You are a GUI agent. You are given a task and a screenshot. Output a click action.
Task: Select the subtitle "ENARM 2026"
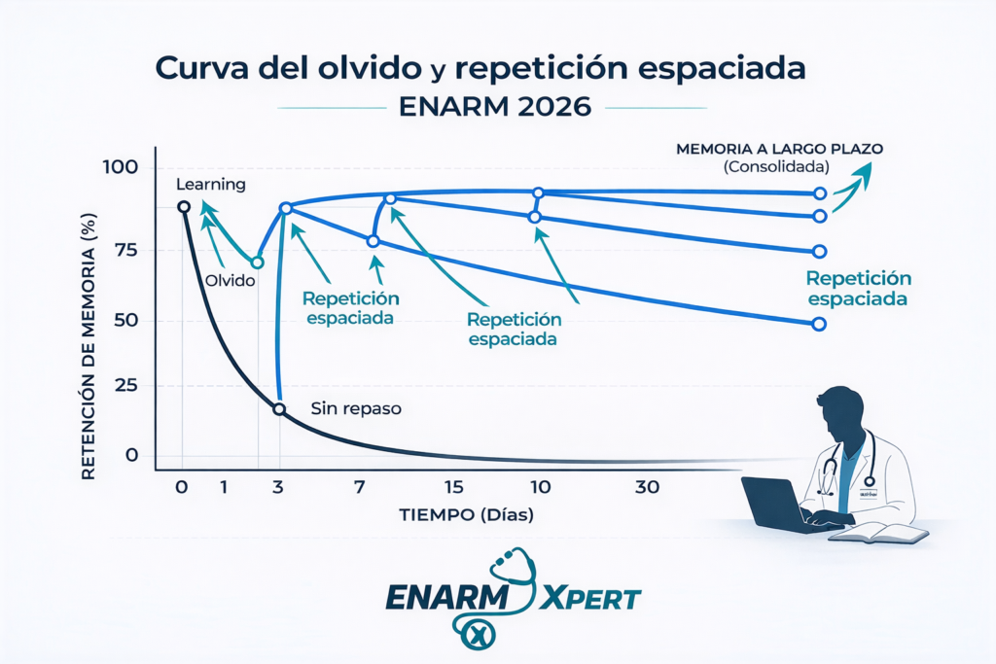495,106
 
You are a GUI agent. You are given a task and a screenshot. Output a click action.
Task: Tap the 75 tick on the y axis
124,250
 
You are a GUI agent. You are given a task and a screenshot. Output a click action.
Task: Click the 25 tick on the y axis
124,387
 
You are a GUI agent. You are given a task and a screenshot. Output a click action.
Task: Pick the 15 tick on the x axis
453,487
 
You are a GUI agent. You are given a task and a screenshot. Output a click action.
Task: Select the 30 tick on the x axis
647,487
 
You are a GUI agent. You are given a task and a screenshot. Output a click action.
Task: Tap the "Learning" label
211,184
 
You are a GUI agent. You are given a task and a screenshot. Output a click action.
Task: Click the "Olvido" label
231,280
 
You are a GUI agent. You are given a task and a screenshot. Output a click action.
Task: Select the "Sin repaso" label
355,409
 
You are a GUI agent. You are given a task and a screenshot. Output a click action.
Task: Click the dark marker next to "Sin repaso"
279,409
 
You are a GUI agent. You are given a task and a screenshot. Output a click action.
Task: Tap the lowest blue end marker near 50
819,324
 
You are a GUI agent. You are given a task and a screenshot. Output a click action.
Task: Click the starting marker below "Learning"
183,206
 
